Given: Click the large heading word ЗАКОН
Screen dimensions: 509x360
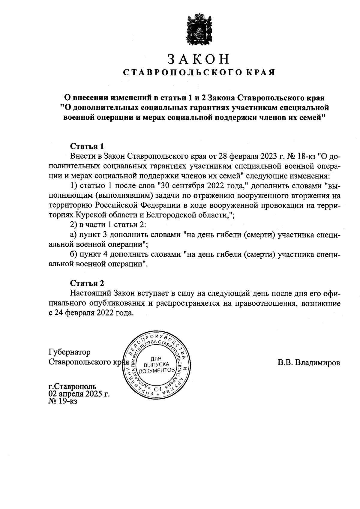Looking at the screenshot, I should tap(198, 59).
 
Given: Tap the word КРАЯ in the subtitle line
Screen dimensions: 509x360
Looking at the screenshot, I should tap(261, 73).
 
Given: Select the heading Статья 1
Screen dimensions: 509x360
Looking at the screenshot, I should tap(87, 146).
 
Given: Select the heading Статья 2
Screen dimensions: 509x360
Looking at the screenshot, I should tap(87, 283).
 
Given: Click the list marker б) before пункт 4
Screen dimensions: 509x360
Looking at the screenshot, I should tap(73, 254).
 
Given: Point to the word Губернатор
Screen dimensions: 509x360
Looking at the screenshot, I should tap(69, 352).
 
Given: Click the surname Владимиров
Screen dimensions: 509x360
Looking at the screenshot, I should tap(318, 363).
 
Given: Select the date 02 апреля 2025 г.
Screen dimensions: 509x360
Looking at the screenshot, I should tap(79, 394).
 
